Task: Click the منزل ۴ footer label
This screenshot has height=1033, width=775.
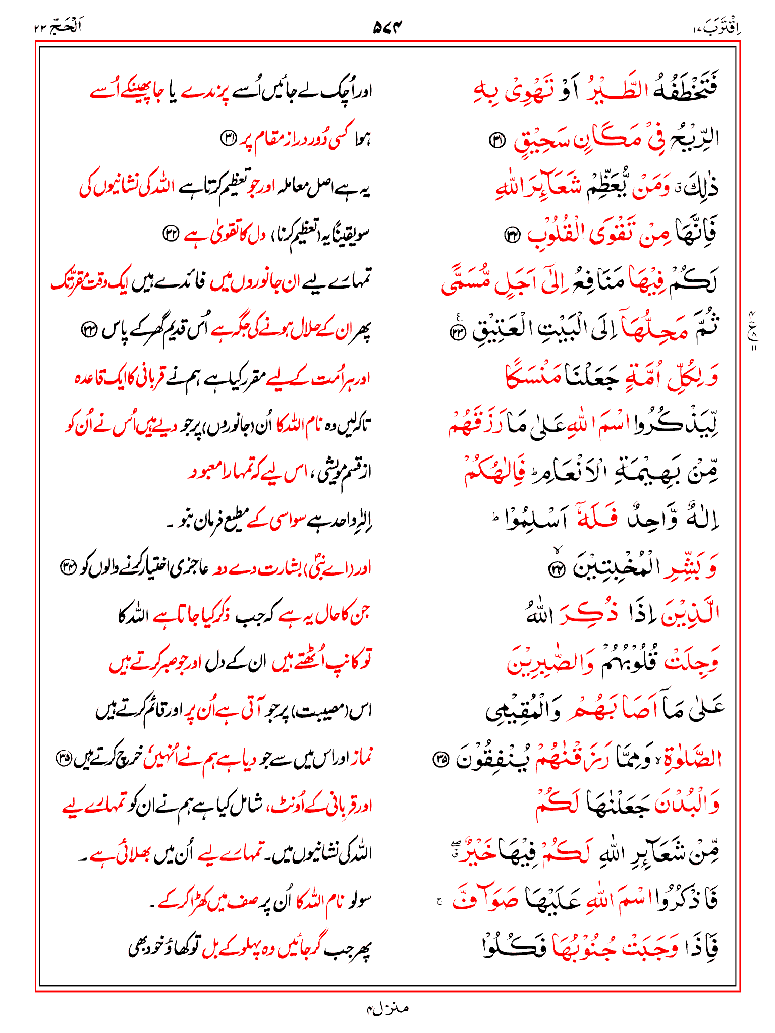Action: [x=387, y=1008]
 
